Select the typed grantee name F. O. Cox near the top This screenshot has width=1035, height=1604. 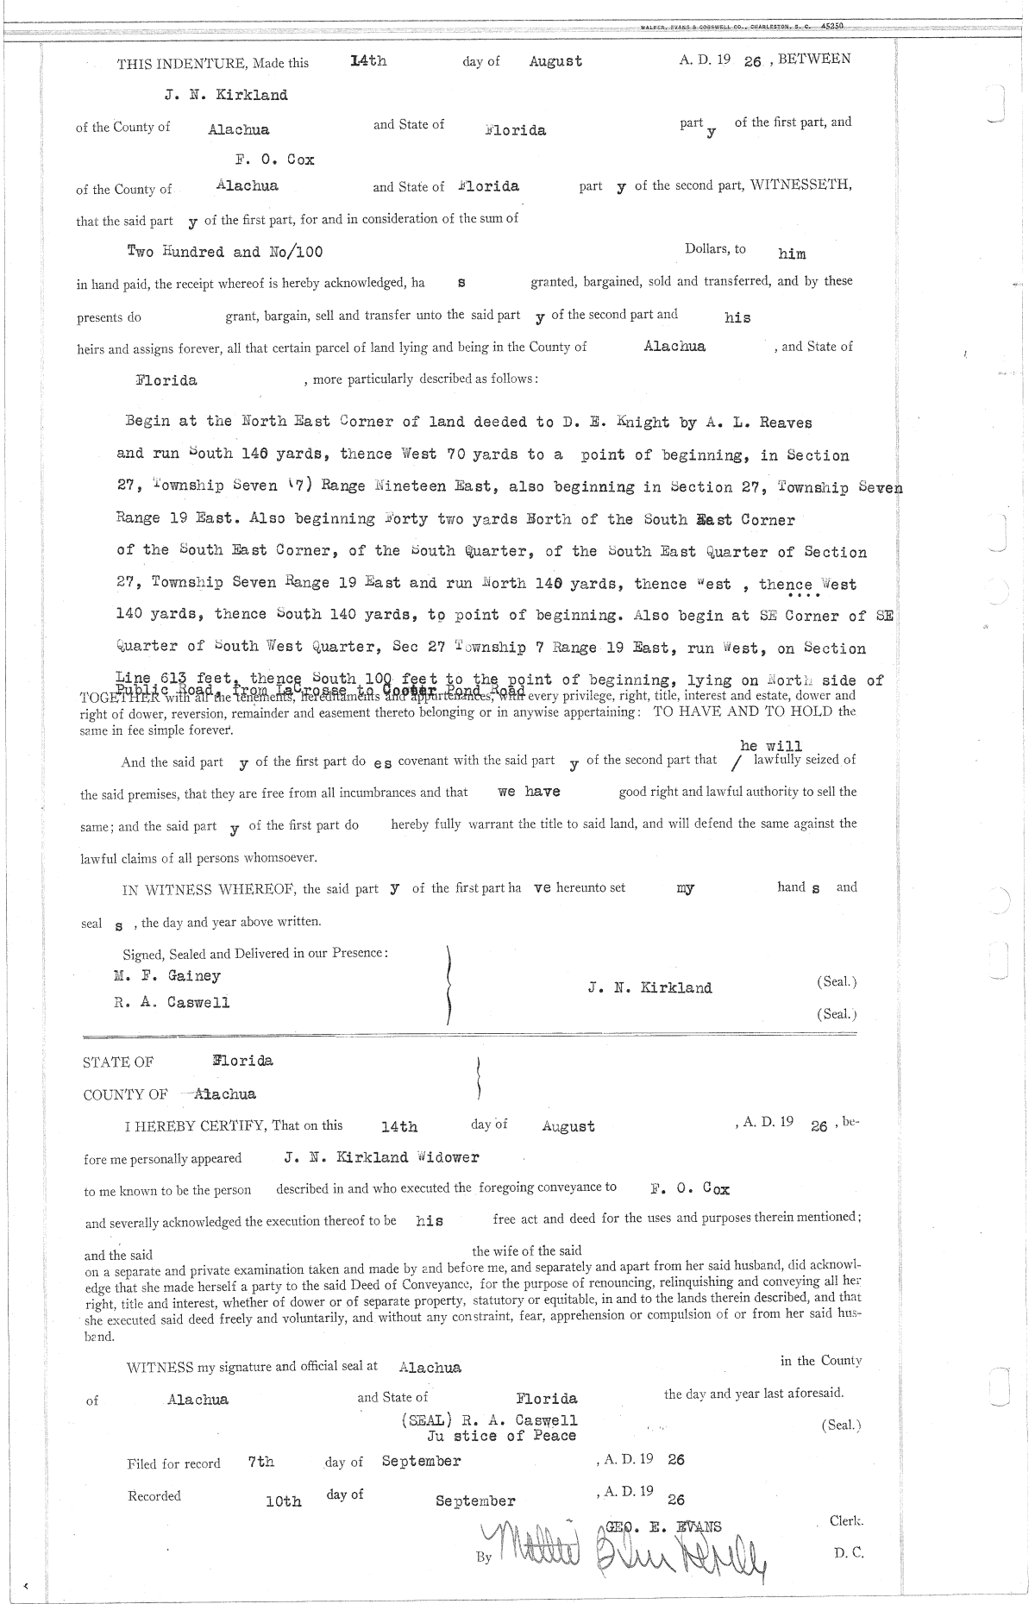click(274, 160)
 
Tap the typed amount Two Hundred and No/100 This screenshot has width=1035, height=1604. click(225, 252)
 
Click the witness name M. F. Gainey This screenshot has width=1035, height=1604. click(167, 976)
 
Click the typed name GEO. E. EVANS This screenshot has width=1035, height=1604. click(664, 1526)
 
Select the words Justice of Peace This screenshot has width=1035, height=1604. click(501, 1436)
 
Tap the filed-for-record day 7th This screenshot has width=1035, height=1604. click(260, 1462)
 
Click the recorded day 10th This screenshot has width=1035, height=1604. click(284, 1501)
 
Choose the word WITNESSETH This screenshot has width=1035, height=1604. click(800, 185)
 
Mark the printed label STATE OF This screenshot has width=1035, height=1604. click(117, 1062)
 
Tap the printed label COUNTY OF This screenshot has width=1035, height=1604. click(125, 1095)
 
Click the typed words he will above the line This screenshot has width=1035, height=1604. click(770, 746)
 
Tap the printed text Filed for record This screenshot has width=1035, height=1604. click(173, 1463)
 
